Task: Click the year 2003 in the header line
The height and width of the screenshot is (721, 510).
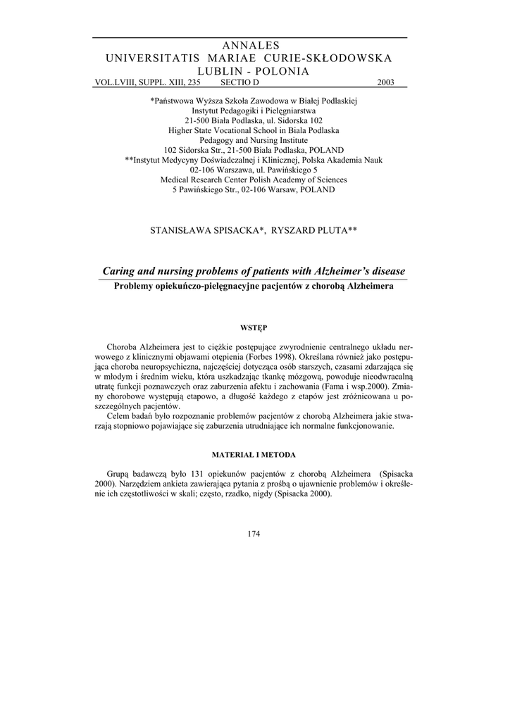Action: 385,82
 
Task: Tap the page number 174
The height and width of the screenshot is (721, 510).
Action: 254,533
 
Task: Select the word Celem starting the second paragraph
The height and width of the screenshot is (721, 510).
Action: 119,416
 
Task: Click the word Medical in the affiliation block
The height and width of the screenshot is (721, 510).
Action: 177,180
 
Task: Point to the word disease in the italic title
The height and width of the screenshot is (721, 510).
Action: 386,271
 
